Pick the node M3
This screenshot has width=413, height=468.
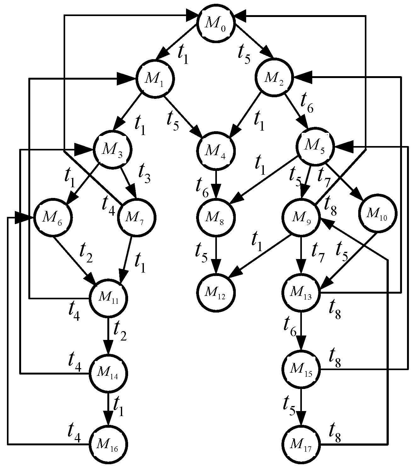(112, 149)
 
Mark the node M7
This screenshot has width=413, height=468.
(137, 217)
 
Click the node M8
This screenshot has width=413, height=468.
(216, 217)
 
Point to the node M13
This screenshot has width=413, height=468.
(301, 292)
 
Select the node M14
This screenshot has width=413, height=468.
(109, 373)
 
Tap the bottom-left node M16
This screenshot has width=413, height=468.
(109, 444)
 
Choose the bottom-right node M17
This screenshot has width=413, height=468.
(301, 444)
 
